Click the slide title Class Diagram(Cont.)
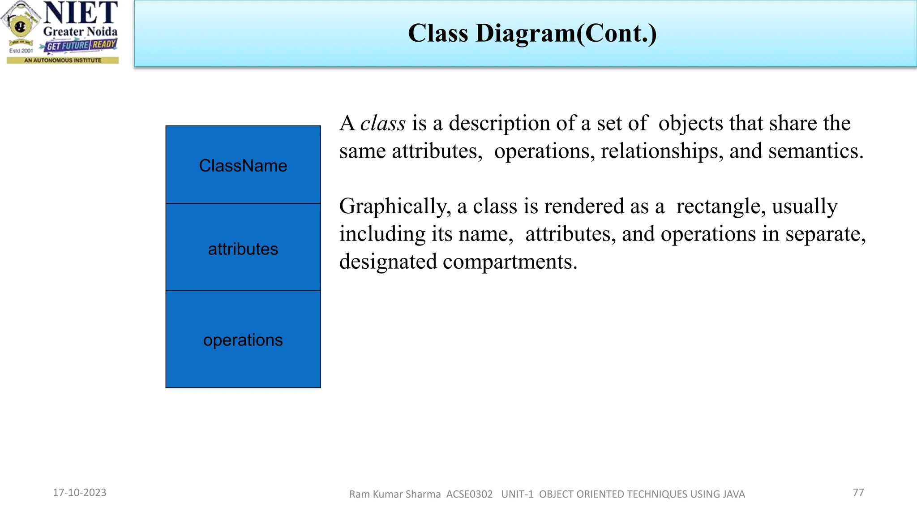point(532,33)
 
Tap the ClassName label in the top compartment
point(243,166)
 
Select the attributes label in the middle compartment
point(243,249)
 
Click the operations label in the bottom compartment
point(243,340)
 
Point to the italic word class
point(383,123)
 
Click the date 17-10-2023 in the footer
point(80,493)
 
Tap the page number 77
point(858,493)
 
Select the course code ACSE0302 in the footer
point(469,494)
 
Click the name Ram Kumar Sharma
point(395,494)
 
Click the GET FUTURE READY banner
point(81,45)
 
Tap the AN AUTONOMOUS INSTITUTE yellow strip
point(63,60)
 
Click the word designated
point(387,262)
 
